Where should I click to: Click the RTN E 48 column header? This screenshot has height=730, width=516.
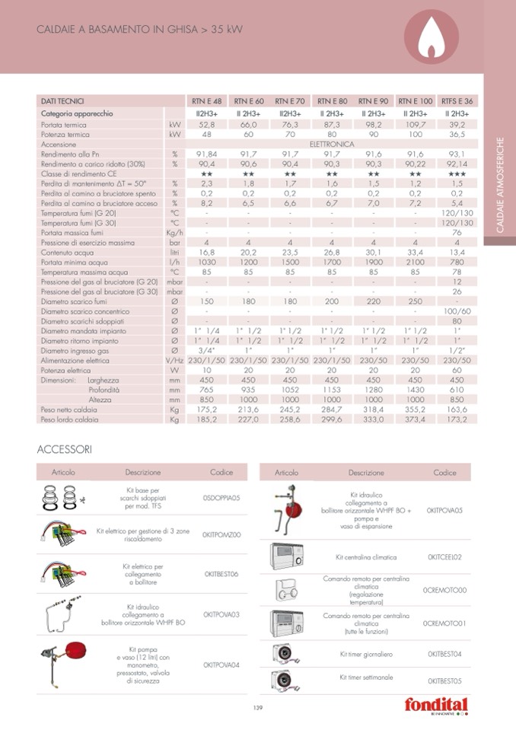[x=206, y=101]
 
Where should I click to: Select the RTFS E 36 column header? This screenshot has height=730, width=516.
[x=457, y=101]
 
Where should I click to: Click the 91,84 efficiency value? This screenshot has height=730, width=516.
[x=206, y=153]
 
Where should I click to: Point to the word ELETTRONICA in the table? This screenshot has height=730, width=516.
[x=332, y=143]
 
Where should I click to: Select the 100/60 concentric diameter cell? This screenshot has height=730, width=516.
[x=457, y=311]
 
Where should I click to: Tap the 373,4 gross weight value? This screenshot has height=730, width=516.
[x=416, y=419]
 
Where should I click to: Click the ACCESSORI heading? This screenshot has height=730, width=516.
[x=64, y=449]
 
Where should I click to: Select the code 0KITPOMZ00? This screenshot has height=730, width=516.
[x=221, y=534]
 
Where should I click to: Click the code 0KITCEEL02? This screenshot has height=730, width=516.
[x=444, y=557]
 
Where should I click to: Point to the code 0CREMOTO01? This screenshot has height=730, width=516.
[x=444, y=623]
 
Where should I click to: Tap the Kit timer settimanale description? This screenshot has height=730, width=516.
[x=366, y=677]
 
